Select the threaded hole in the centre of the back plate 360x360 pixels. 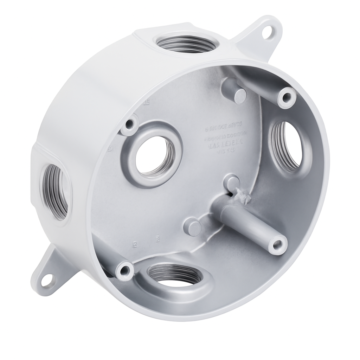154,155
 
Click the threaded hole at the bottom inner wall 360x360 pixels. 174,275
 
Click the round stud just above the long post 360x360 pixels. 231,182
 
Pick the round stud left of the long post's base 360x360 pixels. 193,227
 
